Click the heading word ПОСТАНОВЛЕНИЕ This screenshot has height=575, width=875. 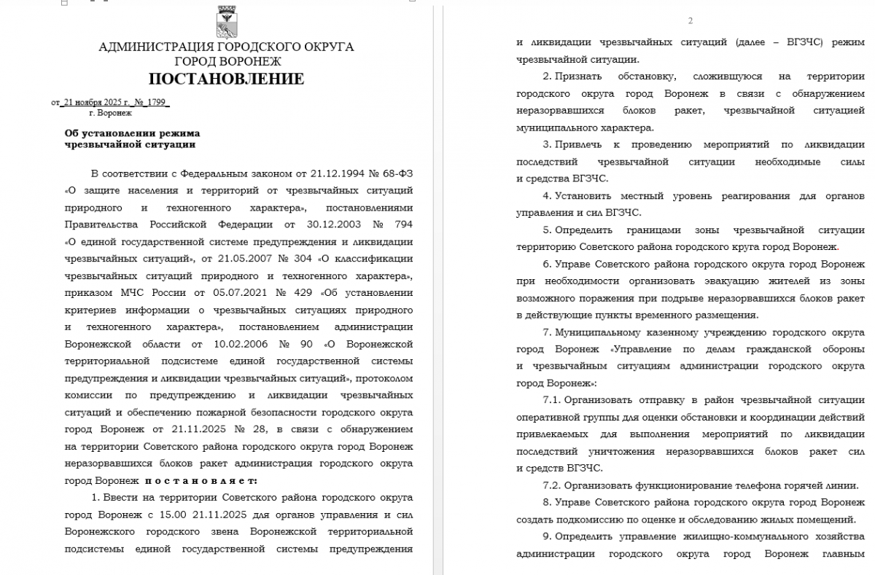[226, 79]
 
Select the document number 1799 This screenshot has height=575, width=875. [157, 103]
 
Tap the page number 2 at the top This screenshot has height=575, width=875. [690, 20]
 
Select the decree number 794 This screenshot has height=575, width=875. [402, 224]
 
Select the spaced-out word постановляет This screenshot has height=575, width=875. [201, 480]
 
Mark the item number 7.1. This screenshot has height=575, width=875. [552, 399]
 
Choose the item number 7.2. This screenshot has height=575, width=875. [552, 485]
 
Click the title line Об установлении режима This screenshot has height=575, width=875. [132, 133]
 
